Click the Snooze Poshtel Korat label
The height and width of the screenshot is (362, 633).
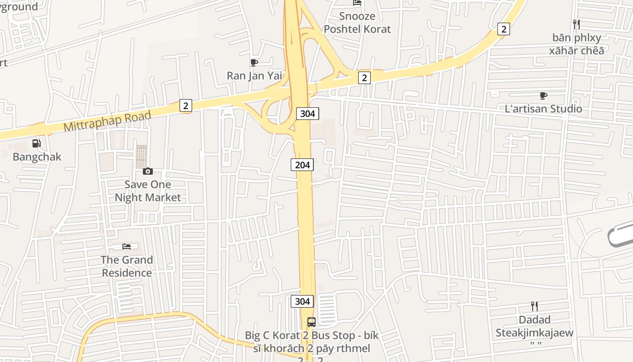(357, 23)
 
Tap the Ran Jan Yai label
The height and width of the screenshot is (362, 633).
(255, 76)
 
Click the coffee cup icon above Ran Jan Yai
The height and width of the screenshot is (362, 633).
(254, 62)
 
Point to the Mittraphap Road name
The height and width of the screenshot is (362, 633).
(107, 121)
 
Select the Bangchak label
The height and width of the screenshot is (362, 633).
(37, 157)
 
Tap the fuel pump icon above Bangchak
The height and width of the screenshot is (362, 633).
(36, 144)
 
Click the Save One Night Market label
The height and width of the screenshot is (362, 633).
(148, 191)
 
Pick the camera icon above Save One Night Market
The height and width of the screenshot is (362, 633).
(148, 171)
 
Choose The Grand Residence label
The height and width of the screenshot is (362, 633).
(127, 266)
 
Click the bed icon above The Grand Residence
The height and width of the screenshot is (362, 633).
(127, 247)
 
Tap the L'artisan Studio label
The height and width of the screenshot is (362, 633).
(543, 109)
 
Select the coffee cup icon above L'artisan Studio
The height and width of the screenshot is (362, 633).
(543, 95)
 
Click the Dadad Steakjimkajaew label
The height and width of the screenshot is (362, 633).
(534, 326)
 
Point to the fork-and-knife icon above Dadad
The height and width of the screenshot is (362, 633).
(534, 306)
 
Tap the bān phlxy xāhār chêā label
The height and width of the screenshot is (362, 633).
(576, 44)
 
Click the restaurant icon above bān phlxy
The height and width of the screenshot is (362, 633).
(576, 24)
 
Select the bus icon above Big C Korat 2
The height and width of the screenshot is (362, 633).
(311, 322)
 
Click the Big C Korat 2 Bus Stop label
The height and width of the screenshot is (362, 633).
(312, 342)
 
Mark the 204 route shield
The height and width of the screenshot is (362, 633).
(302, 165)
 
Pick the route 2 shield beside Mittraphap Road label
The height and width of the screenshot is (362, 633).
(185, 105)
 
